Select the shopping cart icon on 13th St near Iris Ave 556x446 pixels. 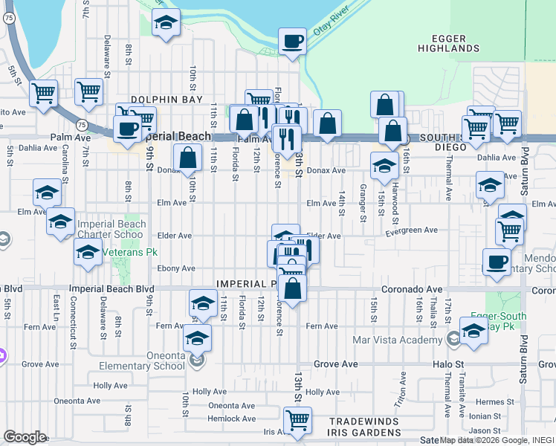pos(297,420)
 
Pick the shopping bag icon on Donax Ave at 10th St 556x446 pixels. pos(188,157)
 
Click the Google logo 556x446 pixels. pos(25,436)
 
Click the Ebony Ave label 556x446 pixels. pos(176,268)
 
